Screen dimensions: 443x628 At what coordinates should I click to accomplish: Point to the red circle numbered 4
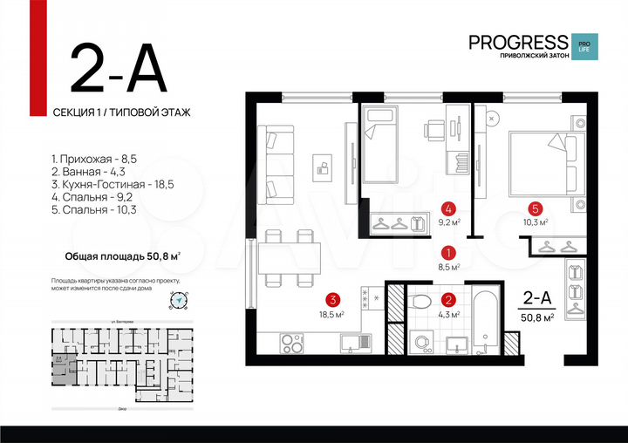pyautogui.click(x=447, y=208)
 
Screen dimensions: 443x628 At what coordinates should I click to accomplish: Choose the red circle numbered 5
pyautogui.click(x=536, y=208)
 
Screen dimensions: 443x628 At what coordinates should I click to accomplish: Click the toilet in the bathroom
pyautogui.click(x=421, y=301)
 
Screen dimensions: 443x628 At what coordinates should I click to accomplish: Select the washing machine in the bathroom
pyautogui.click(x=419, y=341)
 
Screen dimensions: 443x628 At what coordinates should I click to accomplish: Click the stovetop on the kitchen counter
pyautogui.click(x=290, y=342)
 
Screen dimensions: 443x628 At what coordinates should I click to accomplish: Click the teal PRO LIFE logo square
pyautogui.click(x=582, y=45)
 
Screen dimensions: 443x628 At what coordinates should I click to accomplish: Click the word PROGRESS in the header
pyautogui.click(x=517, y=42)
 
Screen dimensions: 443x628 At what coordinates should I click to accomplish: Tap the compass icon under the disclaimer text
pyautogui.click(x=180, y=300)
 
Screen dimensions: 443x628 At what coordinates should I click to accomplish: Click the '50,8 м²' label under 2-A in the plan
pyautogui.click(x=537, y=317)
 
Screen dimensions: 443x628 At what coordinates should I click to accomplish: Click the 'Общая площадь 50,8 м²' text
pyautogui.click(x=123, y=256)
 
